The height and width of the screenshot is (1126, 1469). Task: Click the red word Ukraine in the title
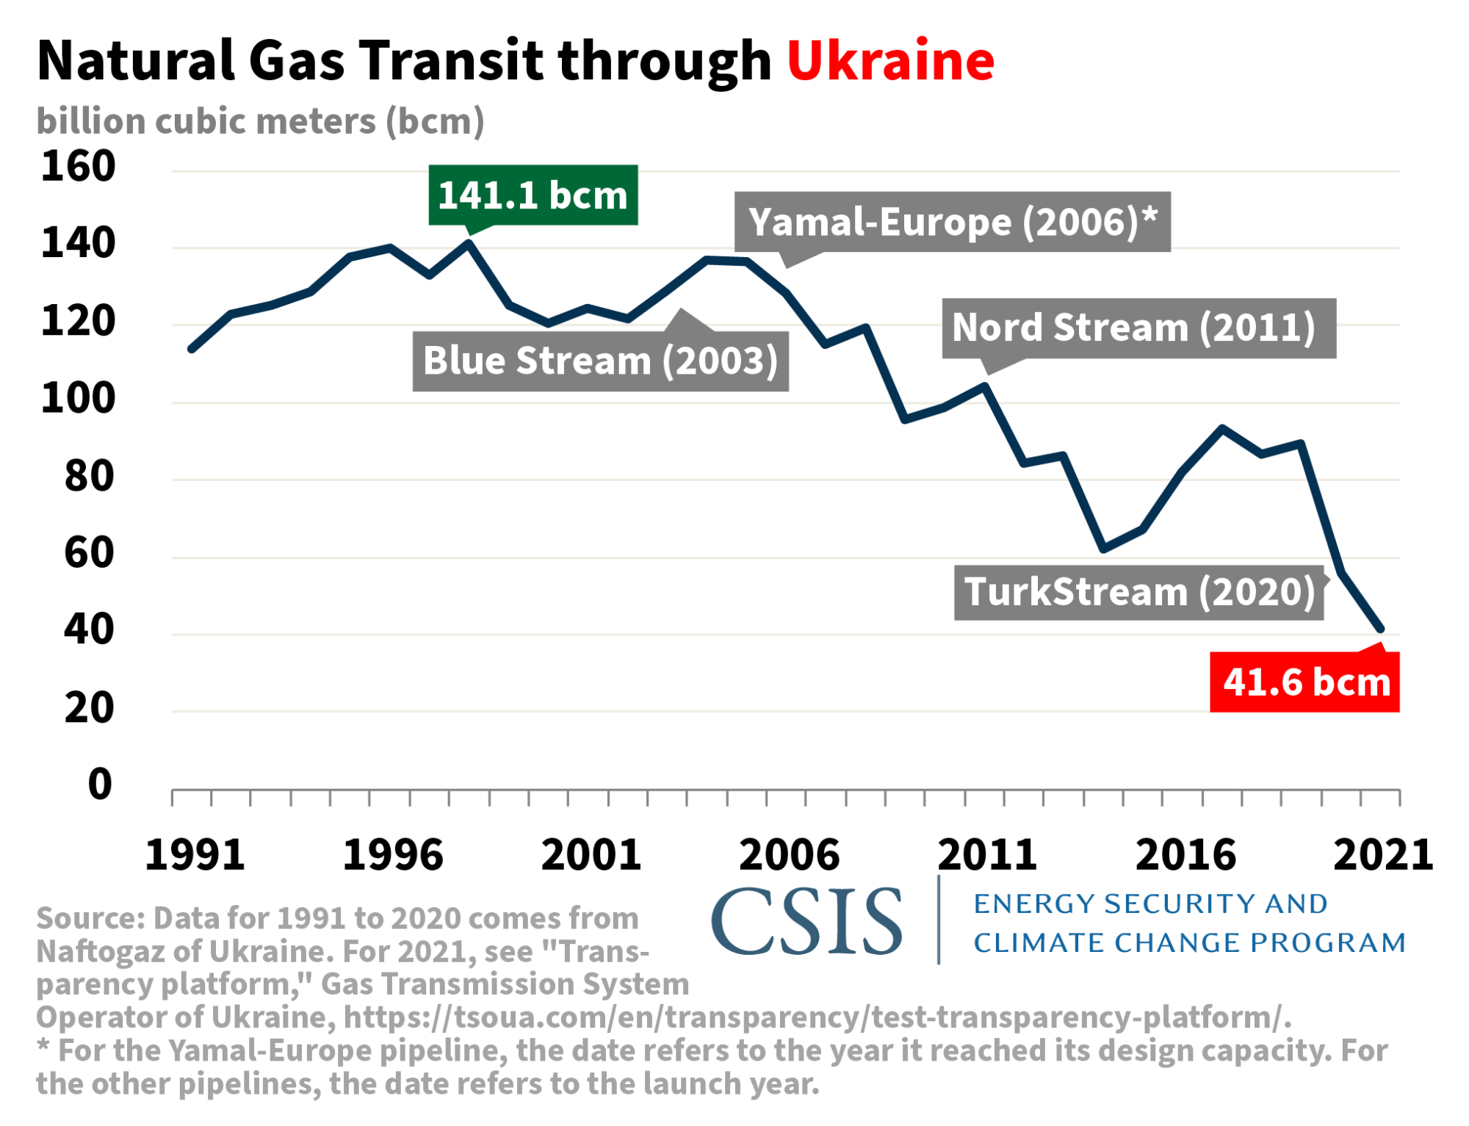pyautogui.click(x=890, y=60)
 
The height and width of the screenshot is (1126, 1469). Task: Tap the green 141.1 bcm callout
pyautogui.click(x=533, y=195)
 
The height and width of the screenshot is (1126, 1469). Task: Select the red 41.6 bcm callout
pyautogui.click(x=1305, y=682)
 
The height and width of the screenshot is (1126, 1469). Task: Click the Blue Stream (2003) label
pyautogui.click(x=600, y=361)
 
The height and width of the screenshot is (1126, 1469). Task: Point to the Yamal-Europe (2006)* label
pyautogui.click(x=952, y=222)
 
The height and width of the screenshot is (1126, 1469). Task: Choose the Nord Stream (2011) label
pyautogui.click(x=1138, y=328)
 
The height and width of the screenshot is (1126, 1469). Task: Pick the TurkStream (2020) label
pyautogui.click(x=1138, y=592)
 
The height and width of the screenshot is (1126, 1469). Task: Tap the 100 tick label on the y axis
pyautogui.click(x=78, y=398)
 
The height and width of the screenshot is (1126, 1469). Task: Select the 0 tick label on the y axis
pyautogui.click(x=100, y=784)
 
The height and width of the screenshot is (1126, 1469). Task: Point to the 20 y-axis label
pyautogui.click(x=89, y=708)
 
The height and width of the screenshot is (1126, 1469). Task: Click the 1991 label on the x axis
pyautogui.click(x=195, y=855)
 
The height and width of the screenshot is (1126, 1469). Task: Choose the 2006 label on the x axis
pyautogui.click(x=789, y=855)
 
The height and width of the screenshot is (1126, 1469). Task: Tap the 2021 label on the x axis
pyautogui.click(x=1382, y=855)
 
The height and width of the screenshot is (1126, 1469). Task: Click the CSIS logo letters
pyautogui.click(x=806, y=922)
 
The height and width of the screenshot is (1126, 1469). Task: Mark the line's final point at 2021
pyautogui.click(x=1381, y=629)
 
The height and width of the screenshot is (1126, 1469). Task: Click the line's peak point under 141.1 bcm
pyautogui.click(x=469, y=243)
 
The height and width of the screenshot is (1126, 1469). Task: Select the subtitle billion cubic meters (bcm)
pyautogui.click(x=261, y=121)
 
